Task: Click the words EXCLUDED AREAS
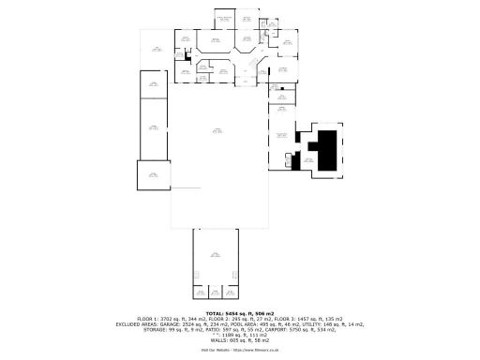139,324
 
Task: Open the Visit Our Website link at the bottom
239,351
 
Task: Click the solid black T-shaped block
326,150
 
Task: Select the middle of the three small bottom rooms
216,292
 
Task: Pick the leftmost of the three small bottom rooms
199,292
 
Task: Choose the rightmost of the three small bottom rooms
232,292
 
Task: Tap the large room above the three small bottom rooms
216,255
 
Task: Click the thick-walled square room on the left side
154,175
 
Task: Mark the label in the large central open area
217,132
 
